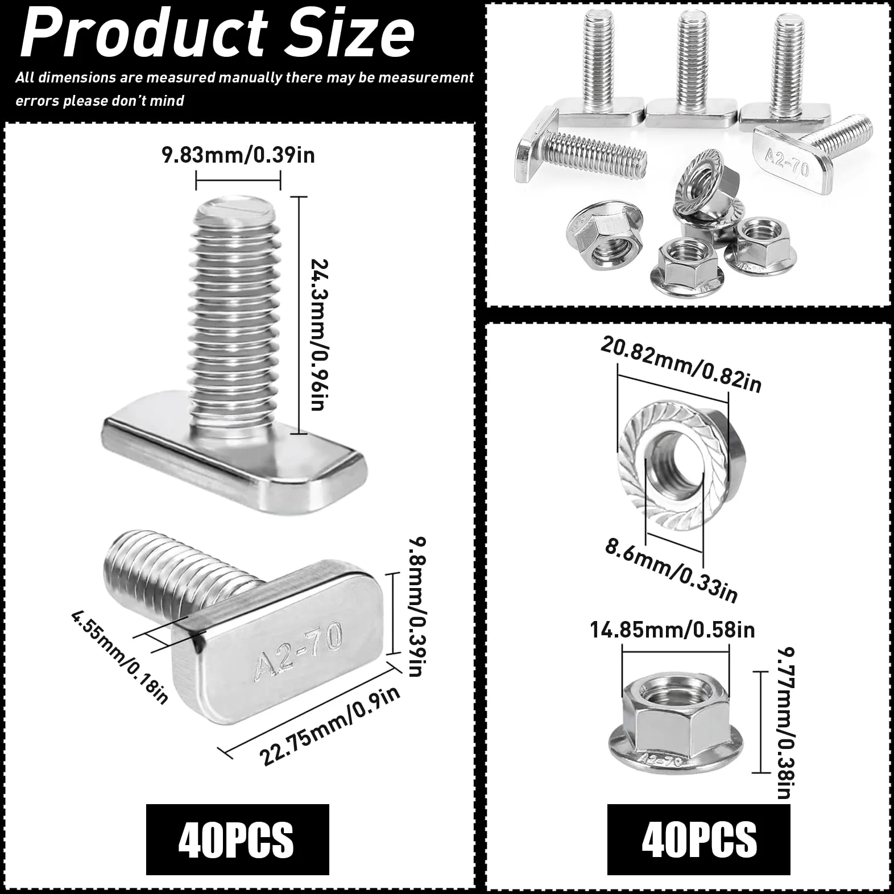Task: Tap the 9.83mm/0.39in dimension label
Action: click(x=238, y=155)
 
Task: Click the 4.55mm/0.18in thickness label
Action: click(x=120, y=657)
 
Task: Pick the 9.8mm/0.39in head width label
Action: click(x=417, y=607)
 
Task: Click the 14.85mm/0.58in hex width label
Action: click(x=673, y=630)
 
